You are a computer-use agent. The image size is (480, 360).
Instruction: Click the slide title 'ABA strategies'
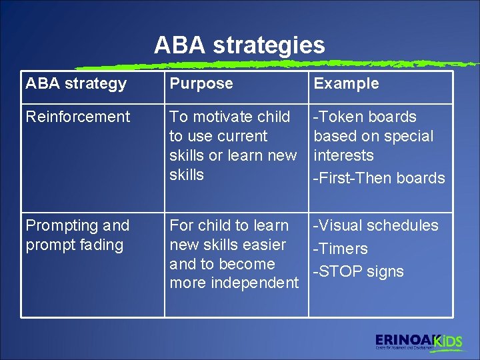pos(239,45)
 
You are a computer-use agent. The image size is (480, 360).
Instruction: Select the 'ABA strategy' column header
pos(76,84)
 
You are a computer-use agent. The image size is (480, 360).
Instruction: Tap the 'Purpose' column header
pos(201,84)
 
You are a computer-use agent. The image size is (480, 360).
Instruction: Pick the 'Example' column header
pos(346,84)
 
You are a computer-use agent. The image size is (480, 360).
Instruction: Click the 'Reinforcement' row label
pos(77,117)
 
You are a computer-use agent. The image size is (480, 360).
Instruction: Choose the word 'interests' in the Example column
pos(343,155)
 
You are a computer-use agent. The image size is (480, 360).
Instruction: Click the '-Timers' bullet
pos(340,249)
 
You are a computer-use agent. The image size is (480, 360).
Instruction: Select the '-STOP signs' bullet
pos(358,271)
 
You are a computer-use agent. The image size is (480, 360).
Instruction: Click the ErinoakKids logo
pos(418,341)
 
